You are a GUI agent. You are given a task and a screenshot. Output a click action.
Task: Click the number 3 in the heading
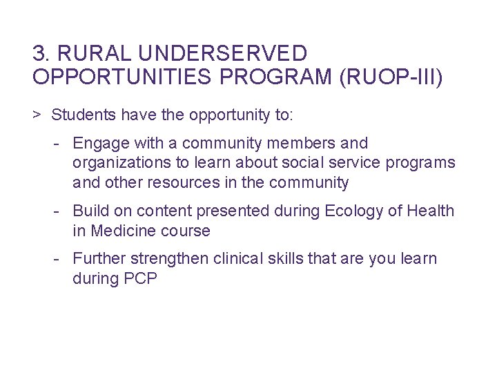coord(39,53)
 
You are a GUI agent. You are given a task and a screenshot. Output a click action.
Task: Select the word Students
coord(80,114)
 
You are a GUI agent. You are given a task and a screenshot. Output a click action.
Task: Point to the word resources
coord(197,183)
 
